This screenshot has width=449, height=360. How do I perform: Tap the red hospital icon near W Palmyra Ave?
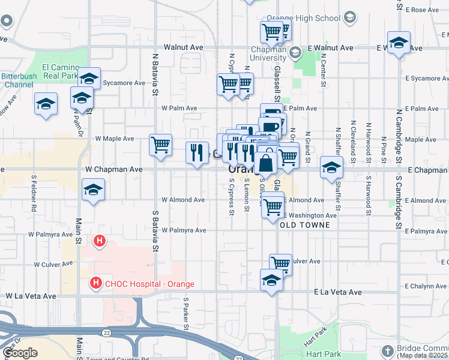point(100,241)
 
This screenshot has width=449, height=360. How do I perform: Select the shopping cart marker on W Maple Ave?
point(160,145)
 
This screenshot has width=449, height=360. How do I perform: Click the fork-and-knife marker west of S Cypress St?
point(197,153)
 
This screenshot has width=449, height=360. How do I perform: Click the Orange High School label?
point(311,18)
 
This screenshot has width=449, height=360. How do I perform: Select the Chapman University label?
point(268,53)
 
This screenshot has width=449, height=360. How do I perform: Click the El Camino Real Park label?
point(60,72)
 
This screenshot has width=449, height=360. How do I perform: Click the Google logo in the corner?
point(20,353)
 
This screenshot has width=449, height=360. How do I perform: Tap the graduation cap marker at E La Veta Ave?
point(271,280)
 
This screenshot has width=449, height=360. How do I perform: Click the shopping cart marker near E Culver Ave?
point(280,263)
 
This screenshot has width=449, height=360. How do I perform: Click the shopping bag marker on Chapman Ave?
point(265,163)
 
